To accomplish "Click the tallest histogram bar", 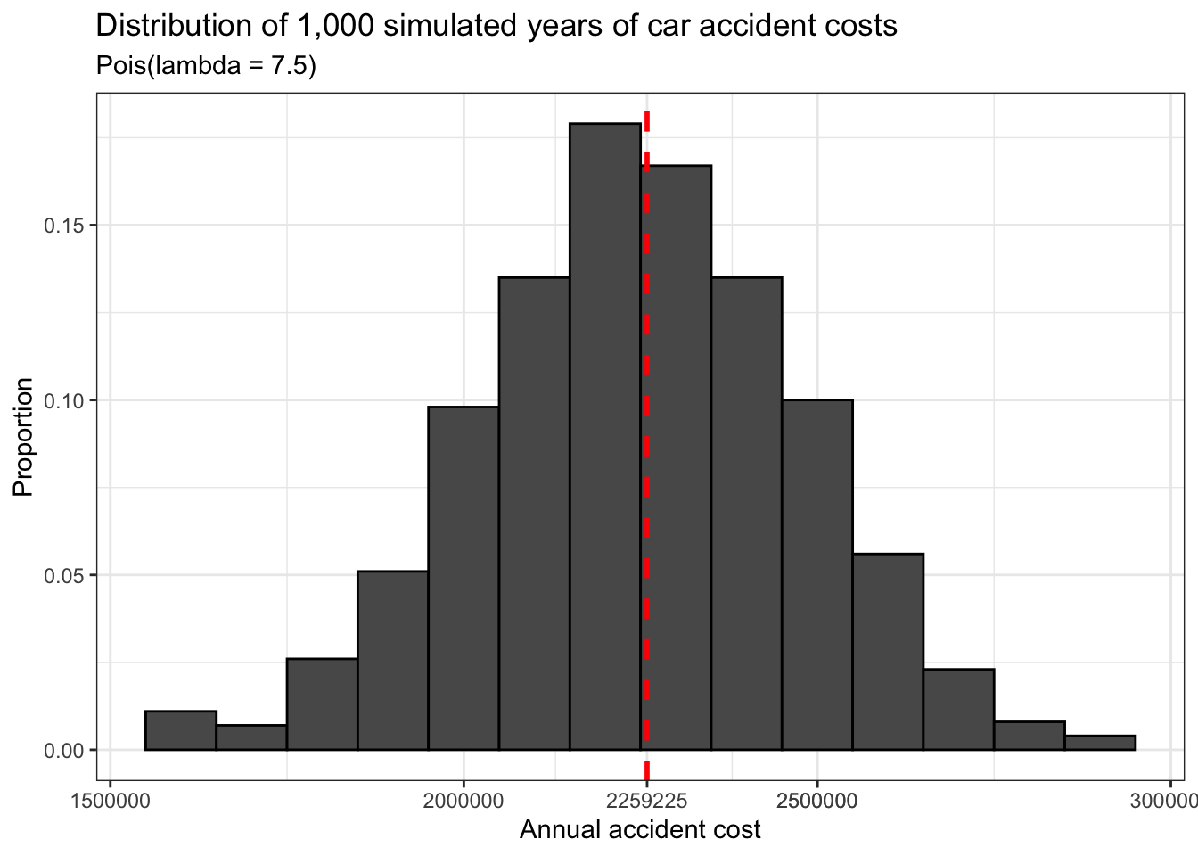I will (605, 437).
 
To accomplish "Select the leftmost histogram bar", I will (181, 730).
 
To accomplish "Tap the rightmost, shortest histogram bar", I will (1100, 743).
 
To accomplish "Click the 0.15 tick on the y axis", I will (64, 226).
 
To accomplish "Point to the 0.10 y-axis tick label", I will (64, 400).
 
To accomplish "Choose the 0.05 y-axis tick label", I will (64, 575).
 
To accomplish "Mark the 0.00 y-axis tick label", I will (64, 750).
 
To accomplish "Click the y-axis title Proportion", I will (23, 437).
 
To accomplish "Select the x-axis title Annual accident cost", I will (640, 830).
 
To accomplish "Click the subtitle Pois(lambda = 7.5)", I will (206, 66).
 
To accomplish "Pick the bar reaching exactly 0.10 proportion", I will (817, 575).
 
